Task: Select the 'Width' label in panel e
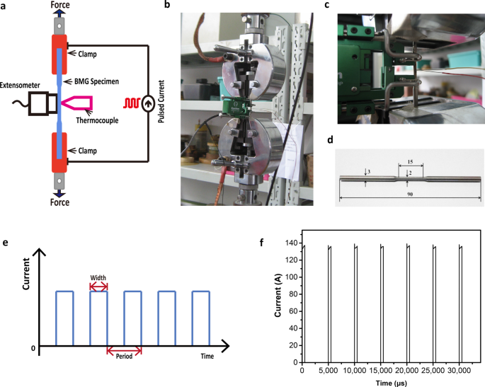(x=98, y=277)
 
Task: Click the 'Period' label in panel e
(x=124, y=356)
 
